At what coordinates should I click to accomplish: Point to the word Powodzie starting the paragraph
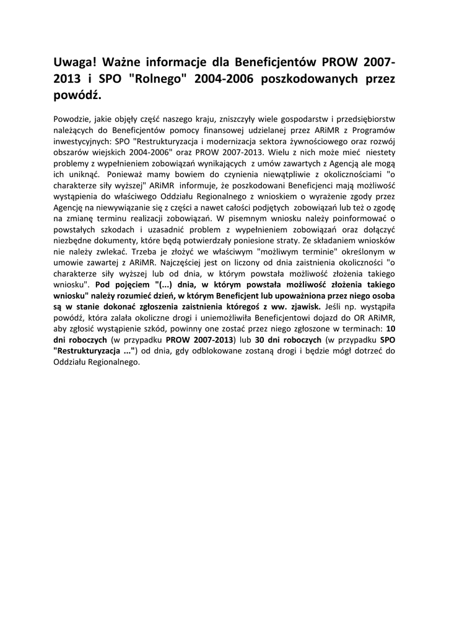coord(72,117)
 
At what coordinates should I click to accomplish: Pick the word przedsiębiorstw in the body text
coord(365,117)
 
